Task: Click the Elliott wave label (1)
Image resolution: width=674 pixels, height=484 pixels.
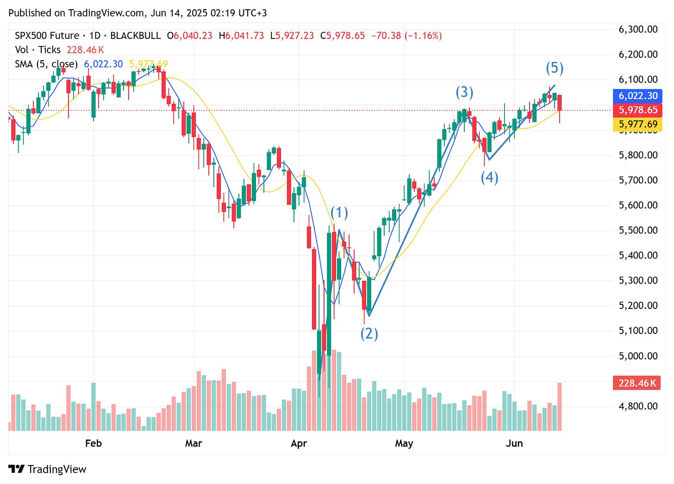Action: click(x=339, y=213)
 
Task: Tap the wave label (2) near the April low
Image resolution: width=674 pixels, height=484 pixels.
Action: click(x=369, y=333)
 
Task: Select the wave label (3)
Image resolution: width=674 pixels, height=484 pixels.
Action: click(x=464, y=92)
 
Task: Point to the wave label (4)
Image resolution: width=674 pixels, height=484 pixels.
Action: click(x=489, y=177)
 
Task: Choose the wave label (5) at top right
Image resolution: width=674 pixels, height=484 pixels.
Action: click(x=555, y=68)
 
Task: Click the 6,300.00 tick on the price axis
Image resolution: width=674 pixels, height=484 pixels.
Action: click(x=638, y=30)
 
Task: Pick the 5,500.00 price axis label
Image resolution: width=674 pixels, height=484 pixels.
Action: click(x=638, y=230)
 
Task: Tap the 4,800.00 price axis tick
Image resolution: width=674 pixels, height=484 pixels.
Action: click(x=638, y=406)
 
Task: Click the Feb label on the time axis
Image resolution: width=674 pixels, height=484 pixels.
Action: click(x=93, y=443)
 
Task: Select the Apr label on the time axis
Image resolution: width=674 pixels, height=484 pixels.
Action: click(x=299, y=443)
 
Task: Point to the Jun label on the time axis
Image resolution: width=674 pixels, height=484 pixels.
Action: click(x=514, y=443)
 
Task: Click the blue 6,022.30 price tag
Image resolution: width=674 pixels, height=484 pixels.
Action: click(x=638, y=96)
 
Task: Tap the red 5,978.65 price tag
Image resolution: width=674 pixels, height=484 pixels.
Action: click(x=638, y=110)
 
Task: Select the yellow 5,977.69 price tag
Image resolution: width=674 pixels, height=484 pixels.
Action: click(x=638, y=124)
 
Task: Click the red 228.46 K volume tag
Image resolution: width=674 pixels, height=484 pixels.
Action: click(x=637, y=383)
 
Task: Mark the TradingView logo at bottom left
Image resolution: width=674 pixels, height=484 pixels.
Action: click(x=48, y=469)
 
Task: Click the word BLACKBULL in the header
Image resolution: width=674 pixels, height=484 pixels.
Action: click(x=135, y=36)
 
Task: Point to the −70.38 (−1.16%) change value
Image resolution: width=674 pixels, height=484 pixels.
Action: click(x=406, y=36)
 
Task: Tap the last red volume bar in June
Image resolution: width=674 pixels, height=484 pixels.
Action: click(x=560, y=407)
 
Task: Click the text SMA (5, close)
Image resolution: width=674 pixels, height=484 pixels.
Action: click(x=46, y=64)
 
